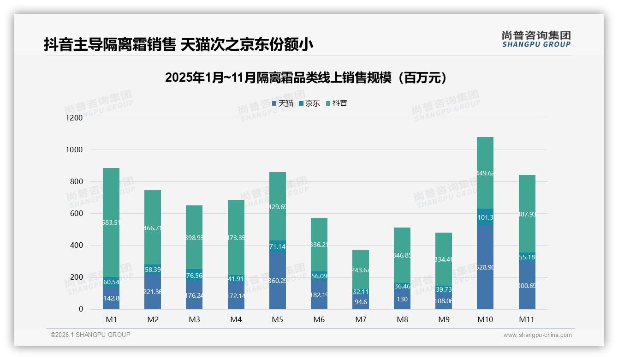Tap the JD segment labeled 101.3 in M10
(x=485, y=217)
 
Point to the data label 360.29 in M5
(x=278, y=280)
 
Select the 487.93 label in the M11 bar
(x=527, y=214)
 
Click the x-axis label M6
(x=319, y=319)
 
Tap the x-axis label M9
(x=444, y=319)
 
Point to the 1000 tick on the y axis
(x=74, y=150)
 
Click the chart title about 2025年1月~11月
(x=306, y=78)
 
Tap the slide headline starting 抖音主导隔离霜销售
(x=178, y=45)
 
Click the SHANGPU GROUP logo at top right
(x=536, y=39)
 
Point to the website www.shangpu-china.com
(x=537, y=335)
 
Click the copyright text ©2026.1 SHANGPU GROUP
(x=90, y=335)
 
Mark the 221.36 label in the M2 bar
(x=153, y=292)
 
